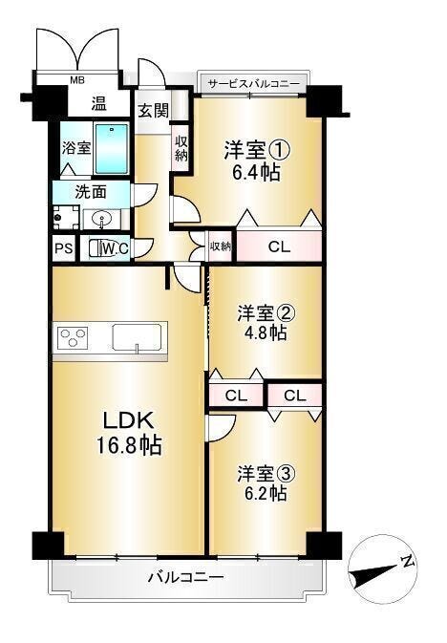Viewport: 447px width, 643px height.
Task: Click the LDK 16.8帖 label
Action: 129,433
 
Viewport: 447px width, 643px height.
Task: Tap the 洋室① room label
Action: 257,150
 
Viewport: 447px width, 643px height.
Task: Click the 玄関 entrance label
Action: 153,110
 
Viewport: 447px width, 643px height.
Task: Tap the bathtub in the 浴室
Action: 112,149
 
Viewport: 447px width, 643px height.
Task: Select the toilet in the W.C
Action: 98,247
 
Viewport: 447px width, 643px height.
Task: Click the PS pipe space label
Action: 64,248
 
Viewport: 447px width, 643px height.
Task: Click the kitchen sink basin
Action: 138,338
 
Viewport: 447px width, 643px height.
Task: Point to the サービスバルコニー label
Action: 253,84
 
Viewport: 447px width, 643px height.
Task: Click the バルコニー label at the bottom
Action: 185,578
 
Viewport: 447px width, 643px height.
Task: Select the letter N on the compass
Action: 408,561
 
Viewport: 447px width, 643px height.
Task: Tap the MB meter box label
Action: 77,80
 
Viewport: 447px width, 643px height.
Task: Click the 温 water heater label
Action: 98,103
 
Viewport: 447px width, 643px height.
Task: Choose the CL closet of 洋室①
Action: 279,246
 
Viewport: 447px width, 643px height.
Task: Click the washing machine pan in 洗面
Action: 66,217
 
